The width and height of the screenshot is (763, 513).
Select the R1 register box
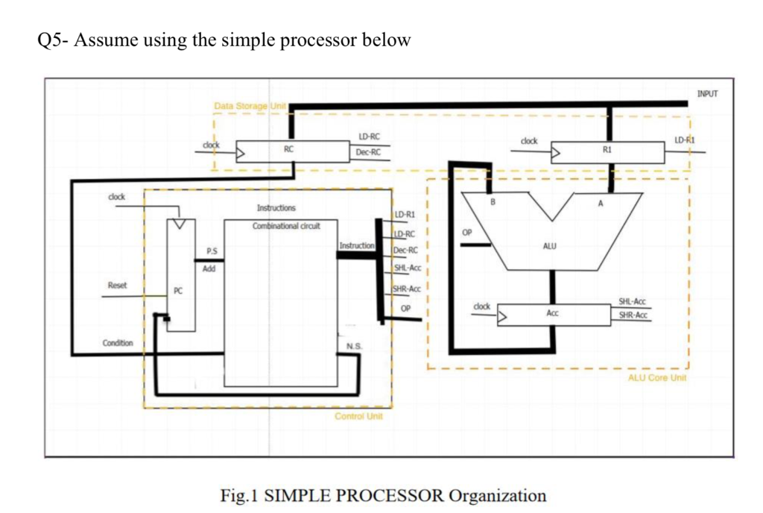click(x=607, y=152)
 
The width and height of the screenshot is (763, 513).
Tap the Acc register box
click(x=552, y=315)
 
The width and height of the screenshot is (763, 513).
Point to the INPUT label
click(x=709, y=94)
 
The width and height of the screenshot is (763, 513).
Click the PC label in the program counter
click(x=177, y=289)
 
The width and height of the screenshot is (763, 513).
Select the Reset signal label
click(x=117, y=285)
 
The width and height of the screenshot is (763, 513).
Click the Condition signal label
click(x=118, y=343)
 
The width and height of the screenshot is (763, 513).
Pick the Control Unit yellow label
click(x=358, y=416)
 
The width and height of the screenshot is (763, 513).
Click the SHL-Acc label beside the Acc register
click(x=632, y=301)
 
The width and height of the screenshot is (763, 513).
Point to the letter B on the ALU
click(x=492, y=201)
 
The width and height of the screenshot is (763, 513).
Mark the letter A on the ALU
click(x=600, y=202)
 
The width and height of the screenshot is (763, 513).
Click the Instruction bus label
click(x=357, y=245)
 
